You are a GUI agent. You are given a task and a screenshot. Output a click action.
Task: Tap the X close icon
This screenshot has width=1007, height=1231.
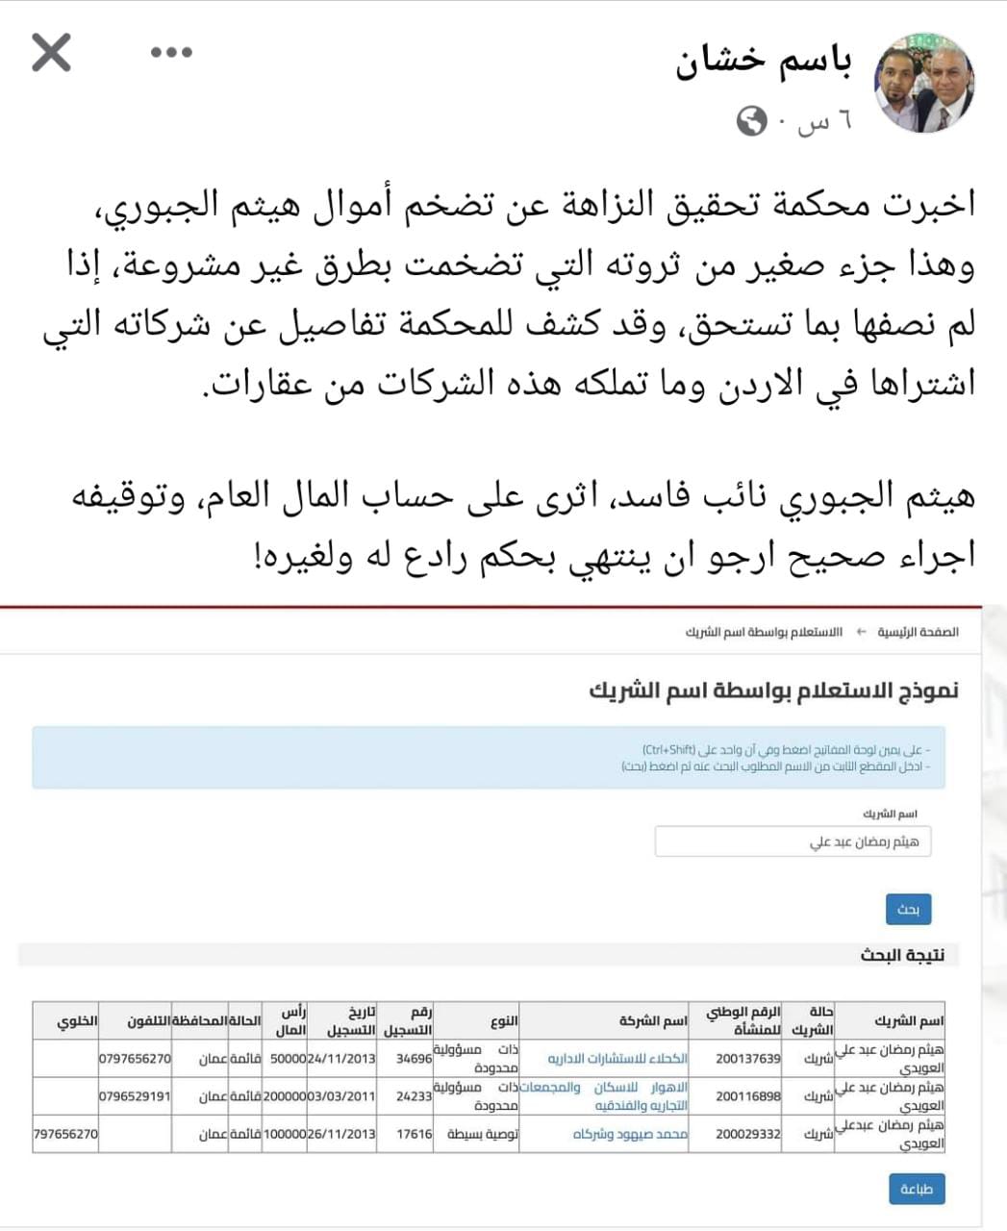pyautogui.click(x=51, y=52)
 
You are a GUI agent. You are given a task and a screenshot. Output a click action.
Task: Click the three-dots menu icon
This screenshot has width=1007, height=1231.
pyautogui.click(x=172, y=52)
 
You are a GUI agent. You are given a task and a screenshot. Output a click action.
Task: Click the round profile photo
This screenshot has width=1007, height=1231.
pyautogui.click(x=923, y=82)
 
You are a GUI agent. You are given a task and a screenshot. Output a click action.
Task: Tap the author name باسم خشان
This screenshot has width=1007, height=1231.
pyautogui.click(x=765, y=62)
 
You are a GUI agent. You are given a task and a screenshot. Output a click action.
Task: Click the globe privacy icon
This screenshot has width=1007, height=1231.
pyautogui.click(x=752, y=121)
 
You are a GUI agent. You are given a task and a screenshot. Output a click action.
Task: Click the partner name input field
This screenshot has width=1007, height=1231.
pyautogui.click(x=793, y=842)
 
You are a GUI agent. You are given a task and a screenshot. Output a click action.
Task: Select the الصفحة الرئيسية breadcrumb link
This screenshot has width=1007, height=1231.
pyautogui.click(x=923, y=632)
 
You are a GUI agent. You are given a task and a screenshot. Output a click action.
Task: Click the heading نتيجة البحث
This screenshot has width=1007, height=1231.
pyautogui.click(x=901, y=955)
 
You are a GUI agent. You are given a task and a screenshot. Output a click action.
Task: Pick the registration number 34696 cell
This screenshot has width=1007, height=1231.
pyautogui.click(x=415, y=1058)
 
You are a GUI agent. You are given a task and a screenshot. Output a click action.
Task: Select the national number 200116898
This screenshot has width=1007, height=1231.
pyautogui.click(x=747, y=1095)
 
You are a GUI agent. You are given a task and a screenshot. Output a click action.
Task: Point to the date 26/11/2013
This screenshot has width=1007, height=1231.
pyautogui.click(x=341, y=1133)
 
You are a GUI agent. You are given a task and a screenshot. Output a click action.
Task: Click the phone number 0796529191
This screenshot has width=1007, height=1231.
pyautogui.click(x=135, y=1095)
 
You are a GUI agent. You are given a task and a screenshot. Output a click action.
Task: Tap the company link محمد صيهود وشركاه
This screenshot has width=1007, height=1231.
pyautogui.click(x=630, y=1134)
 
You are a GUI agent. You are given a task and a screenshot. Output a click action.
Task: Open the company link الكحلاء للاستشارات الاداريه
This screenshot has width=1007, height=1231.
pyautogui.click(x=617, y=1058)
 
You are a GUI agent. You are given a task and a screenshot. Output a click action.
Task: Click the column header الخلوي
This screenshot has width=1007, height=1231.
pyautogui.click(x=77, y=1020)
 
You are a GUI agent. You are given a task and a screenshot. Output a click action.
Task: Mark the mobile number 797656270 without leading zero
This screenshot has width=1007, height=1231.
pyautogui.click(x=65, y=1133)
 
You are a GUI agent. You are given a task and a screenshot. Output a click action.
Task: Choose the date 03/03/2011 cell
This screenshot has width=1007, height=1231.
pyautogui.click(x=341, y=1095)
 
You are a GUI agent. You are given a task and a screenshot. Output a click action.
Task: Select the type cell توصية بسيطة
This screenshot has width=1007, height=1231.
pyautogui.click(x=482, y=1134)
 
